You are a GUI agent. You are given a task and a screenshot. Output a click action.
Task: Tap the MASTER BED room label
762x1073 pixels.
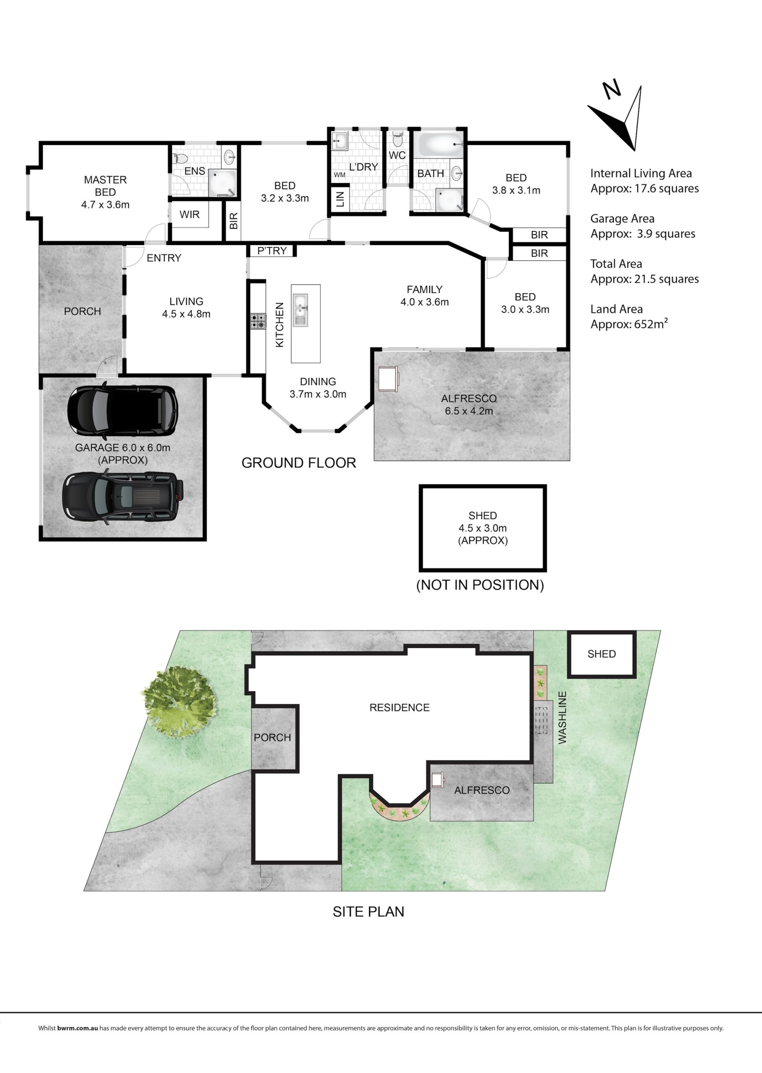pos(105,186)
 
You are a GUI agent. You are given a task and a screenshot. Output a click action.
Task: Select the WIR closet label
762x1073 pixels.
pos(190,214)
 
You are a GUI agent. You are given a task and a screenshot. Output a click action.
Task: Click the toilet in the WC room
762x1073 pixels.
pos(398,139)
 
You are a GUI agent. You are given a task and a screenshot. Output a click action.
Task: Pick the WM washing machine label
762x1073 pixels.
pos(340,175)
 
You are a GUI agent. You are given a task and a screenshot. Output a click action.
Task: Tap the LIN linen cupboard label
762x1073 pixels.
pos(341,199)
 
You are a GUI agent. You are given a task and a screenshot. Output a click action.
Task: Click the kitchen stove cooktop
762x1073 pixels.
pos(257,321)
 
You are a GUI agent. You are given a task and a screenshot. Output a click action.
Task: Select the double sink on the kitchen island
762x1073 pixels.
pos(300,309)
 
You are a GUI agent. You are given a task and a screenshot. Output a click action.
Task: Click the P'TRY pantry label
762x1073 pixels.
pos(272,251)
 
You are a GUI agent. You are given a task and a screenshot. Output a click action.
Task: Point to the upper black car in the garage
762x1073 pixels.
pos(123,410)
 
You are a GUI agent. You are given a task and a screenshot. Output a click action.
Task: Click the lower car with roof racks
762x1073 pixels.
pos(123,497)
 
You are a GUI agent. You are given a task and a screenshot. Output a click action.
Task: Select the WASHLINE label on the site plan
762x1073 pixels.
pos(562,718)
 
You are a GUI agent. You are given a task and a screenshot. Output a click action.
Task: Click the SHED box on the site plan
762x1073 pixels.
pos(601,655)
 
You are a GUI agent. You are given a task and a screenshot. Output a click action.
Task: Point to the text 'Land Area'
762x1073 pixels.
pos(616,309)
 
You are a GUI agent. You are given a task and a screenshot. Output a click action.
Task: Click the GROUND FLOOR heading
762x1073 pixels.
pos(299,463)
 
